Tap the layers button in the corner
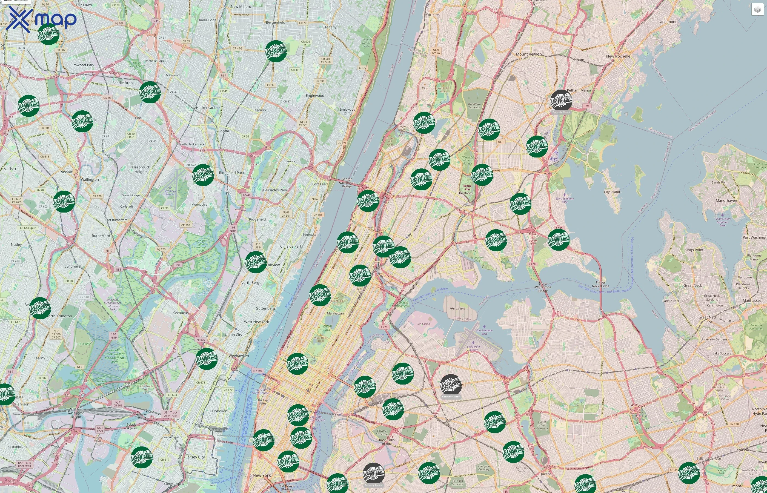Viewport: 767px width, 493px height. coord(757,10)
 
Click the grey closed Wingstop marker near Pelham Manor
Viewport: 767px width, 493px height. coord(561,101)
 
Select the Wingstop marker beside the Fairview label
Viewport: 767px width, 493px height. coord(256,262)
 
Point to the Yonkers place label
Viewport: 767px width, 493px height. coord(433,15)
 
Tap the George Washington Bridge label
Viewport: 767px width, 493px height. coord(347,182)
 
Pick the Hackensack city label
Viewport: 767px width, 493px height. coord(205,108)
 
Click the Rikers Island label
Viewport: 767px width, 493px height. coord(457,309)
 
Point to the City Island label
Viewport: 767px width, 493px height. coord(612,192)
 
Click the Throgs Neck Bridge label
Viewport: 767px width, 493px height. coord(600,284)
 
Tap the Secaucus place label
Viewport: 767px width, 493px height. coord(181,313)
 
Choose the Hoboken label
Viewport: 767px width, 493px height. coord(220,411)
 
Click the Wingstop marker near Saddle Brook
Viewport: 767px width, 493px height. coord(150,92)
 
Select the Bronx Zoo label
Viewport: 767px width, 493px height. coord(467,187)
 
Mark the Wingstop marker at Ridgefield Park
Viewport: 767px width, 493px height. coord(203,175)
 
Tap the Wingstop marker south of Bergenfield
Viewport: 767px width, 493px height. coord(276,51)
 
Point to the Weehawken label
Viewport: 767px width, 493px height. coord(239,356)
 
